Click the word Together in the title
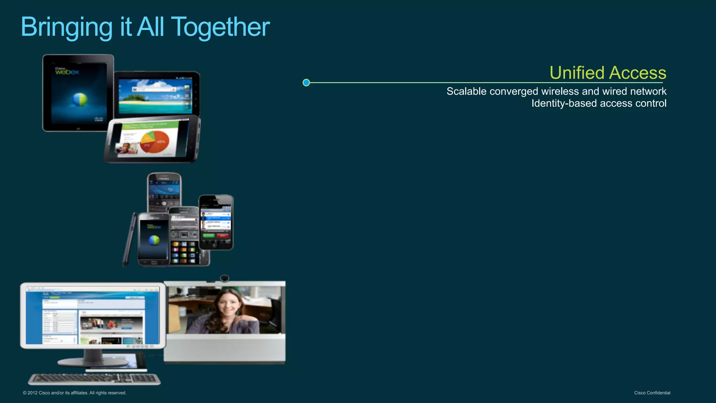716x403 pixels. point(221,27)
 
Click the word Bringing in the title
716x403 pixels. point(66,27)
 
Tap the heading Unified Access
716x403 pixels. point(608,73)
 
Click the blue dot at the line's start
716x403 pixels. point(306,82)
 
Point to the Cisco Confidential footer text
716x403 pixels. point(652,393)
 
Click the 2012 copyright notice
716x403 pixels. point(74,393)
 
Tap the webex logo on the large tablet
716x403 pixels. point(67,71)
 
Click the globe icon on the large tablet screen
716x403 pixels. point(79,100)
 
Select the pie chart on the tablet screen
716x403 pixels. point(155,141)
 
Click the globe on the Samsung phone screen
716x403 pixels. point(154,240)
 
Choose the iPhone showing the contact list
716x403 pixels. point(216,222)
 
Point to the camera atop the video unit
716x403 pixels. point(224,278)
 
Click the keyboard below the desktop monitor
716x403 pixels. point(94,379)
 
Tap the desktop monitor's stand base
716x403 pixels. point(93,362)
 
